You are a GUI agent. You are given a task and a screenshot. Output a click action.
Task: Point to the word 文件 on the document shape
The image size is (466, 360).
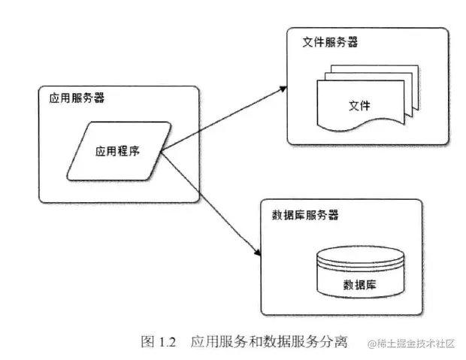point(359,104)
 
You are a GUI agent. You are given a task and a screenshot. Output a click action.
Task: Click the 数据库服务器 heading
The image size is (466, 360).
point(304,215)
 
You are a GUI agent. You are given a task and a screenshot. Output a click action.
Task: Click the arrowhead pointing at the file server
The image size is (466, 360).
point(284,86)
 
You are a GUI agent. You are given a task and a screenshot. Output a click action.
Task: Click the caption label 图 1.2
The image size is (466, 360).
point(158,343)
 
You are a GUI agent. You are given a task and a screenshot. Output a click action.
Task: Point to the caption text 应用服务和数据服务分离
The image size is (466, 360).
point(268,343)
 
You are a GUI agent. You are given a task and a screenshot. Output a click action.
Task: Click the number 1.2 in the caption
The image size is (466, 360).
point(167,343)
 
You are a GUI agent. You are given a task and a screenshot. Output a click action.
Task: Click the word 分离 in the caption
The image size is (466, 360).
point(334,343)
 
